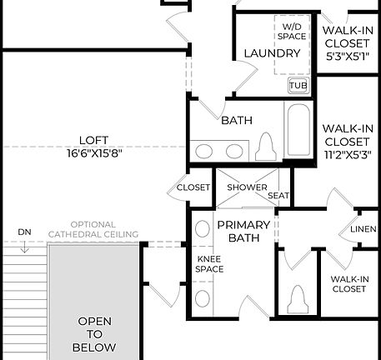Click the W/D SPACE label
[x=293, y=32]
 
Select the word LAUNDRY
[x=272, y=53]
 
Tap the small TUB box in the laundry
[x=298, y=85]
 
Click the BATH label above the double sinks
[x=237, y=121]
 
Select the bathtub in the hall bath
[x=299, y=132]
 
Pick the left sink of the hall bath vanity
[x=205, y=151]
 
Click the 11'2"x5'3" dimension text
[x=347, y=155]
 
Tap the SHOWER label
[x=247, y=187]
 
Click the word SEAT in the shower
[x=278, y=196]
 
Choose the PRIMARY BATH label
[x=243, y=231]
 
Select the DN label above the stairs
[x=24, y=232]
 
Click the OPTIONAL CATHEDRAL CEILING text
[x=93, y=230]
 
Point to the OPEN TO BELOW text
[x=94, y=333]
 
